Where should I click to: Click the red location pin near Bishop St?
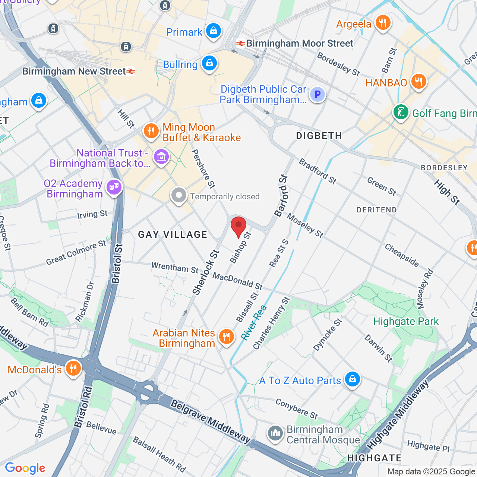[238, 226]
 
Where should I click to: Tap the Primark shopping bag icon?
[214, 31]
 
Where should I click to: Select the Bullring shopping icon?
[209, 63]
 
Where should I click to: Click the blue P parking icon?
[318, 94]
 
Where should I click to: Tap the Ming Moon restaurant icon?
[151, 131]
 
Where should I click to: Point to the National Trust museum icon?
[161, 157]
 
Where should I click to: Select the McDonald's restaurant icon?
[73, 368]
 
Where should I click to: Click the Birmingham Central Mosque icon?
[275, 433]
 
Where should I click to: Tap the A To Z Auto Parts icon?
[353, 379]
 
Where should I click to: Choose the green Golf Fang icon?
[401, 112]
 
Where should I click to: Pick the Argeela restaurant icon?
[383, 23]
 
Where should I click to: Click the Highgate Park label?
[406, 321]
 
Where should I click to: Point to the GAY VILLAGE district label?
[173, 234]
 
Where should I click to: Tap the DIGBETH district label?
[319, 136]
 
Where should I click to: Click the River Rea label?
[254, 322]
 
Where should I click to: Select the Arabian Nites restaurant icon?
[226, 336]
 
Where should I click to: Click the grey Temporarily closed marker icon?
[179, 195]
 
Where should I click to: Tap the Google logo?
[25, 468]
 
